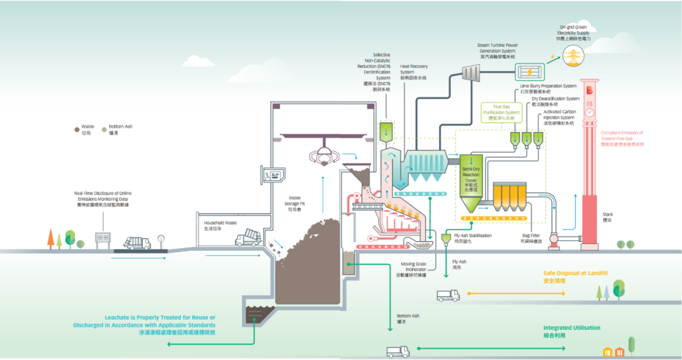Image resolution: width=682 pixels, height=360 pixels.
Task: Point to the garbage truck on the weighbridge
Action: tap(137, 243)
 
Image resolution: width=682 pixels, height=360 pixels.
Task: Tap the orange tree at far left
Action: tap(51, 238)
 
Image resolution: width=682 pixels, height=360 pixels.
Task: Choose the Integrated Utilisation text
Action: tap(571, 331)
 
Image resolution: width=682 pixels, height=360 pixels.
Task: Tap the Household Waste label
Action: tap(220, 226)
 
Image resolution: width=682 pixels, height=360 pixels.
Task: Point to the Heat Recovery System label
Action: tap(413, 71)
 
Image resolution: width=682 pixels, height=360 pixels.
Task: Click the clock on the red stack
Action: tap(589, 112)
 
